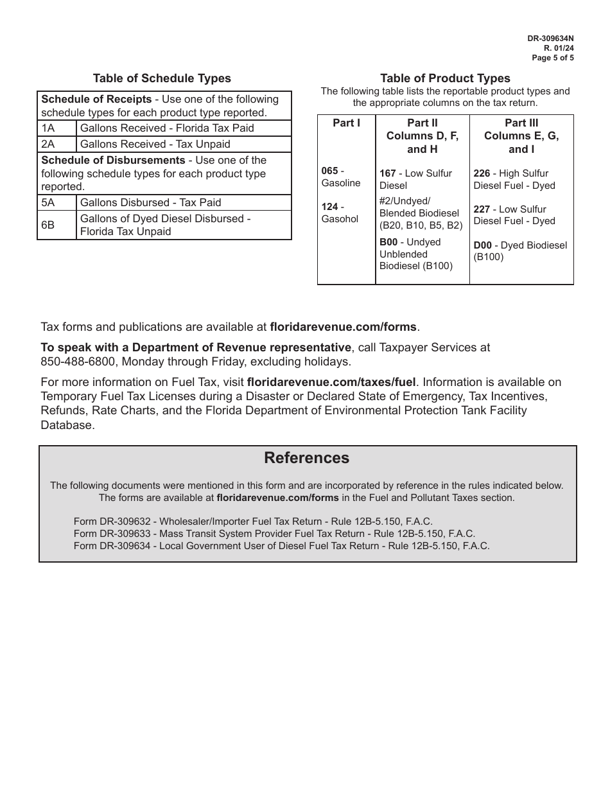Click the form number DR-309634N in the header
click(x=550, y=39)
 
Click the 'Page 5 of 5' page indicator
click(x=553, y=57)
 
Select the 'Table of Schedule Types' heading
click(x=162, y=78)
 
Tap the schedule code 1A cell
click(x=48, y=128)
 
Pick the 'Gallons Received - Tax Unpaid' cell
click(x=155, y=144)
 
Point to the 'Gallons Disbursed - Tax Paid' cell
click(x=150, y=202)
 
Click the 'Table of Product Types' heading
click(x=445, y=78)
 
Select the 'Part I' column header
click(x=346, y=123)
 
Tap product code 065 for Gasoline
click(x=329, y=171)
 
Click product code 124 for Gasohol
click(x=329, y=207)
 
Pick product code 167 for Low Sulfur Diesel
click(x=388, y=173)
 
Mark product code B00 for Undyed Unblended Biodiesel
click(x=388, y=242)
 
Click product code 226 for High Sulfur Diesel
click(x=482, y=173)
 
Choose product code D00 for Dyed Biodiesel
click(x=483, y=245)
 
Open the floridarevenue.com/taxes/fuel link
click(x=331, y=382)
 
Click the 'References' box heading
click(x=307, y=458)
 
